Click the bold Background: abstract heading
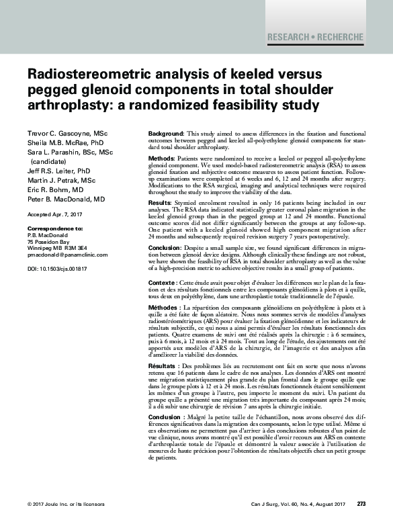click(165, 135)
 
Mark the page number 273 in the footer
click(361, 504)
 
